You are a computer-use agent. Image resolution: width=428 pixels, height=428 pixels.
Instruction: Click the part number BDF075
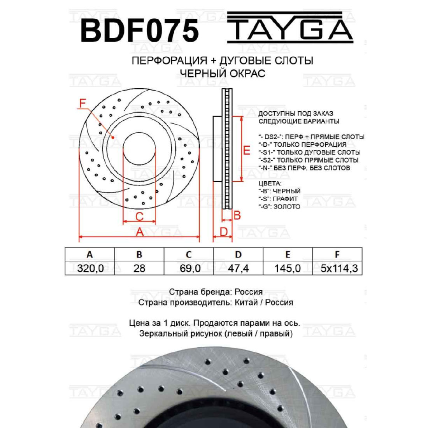(139, 31)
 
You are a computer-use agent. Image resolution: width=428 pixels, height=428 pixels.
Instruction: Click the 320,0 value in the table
(90, 268)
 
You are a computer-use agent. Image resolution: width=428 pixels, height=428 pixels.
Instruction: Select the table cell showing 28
(139, 268)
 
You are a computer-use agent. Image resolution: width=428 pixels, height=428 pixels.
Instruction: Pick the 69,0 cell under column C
(190, 268)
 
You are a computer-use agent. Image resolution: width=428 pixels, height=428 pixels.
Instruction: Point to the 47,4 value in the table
(238, 268)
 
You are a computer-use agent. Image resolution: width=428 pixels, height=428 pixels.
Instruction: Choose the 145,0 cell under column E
(288, 268)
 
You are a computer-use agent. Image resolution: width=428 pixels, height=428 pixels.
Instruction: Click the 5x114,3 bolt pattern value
(339, 268)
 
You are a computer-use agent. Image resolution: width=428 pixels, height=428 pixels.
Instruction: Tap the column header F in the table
(337, 254)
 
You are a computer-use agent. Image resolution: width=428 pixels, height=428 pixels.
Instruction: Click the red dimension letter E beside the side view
(246, 150)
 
